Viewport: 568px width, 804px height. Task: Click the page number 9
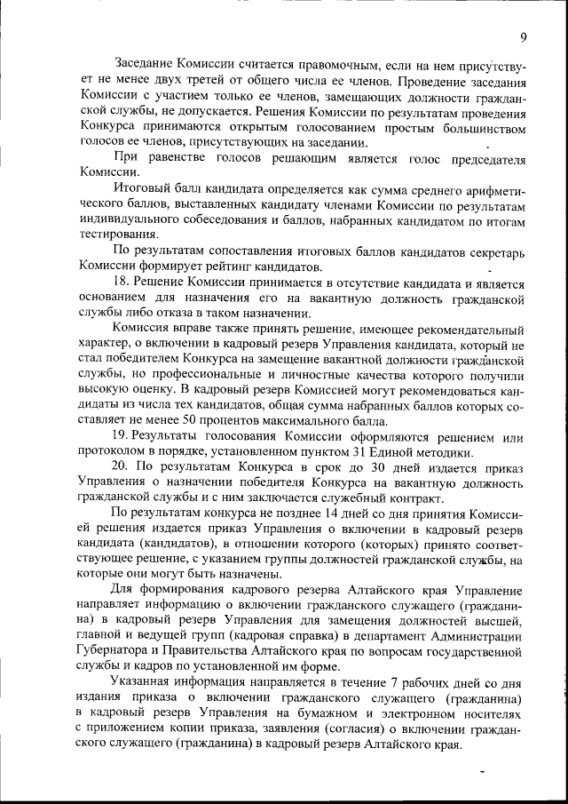pos(524,36)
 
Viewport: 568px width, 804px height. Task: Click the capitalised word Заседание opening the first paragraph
pos(145,64)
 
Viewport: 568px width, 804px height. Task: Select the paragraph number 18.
pos(122,282)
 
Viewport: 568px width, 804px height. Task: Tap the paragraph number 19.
pos(122,437)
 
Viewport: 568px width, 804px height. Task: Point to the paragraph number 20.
pos(122,468)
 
